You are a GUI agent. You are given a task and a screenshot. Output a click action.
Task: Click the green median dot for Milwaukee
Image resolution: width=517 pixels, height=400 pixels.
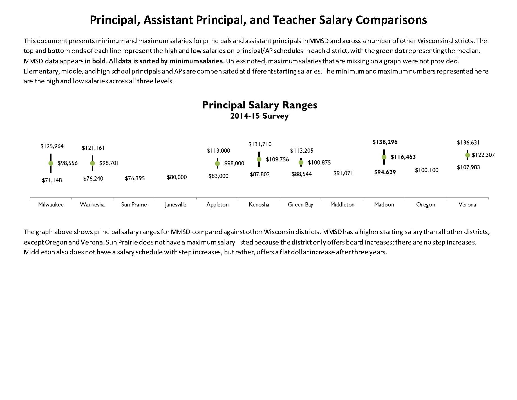click(x=51, y=163)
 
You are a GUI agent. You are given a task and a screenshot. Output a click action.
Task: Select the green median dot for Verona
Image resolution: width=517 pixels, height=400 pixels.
click(x=467, y=155)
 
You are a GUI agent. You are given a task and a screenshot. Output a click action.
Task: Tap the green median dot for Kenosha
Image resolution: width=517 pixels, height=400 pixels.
click(x=259, y=159)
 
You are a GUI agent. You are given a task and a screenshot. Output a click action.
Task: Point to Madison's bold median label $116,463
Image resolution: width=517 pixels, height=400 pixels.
click(x=403, y=157)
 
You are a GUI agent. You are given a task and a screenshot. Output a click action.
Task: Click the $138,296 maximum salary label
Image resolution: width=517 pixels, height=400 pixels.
click(x=385, y=142)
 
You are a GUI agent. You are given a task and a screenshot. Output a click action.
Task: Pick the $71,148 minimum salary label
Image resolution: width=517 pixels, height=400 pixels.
click(x=52, y=180)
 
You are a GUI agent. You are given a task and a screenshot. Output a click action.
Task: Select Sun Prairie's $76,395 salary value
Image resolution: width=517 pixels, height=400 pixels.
click(x=135, y=178)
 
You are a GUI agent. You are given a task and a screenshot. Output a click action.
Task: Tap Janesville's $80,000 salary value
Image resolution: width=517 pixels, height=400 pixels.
click(x=177, y=177)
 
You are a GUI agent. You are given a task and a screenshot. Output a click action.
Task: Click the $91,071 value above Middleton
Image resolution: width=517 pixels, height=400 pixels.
click(x=343, y=173)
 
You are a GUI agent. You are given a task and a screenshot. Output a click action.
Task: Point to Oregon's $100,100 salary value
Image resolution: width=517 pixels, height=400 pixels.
click(x=427, y=170)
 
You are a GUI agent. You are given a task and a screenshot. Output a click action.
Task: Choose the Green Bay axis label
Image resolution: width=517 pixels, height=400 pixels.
click(x=300, y=205)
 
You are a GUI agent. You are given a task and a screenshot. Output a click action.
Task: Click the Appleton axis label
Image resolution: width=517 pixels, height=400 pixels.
click(x=218, y=205)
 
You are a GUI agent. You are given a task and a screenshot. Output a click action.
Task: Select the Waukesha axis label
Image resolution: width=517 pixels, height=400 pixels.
click(x=92, y=205)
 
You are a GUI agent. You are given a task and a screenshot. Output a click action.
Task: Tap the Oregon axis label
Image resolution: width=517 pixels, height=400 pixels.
click(x=426, y=205)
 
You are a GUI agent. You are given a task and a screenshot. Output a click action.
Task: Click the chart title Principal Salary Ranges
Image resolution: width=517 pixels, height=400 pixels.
click(x=259, y=105)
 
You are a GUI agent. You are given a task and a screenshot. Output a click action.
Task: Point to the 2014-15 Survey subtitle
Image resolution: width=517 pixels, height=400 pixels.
click(x=259, y=116)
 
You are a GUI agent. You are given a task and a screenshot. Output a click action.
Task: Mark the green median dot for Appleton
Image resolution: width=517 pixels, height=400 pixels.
click(x=217, y=163)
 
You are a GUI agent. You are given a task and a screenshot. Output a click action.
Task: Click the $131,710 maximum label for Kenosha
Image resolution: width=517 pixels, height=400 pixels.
click(x=260, y=144)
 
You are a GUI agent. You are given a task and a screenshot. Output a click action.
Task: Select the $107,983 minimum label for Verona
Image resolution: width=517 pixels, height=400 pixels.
click(x=468, y=167)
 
